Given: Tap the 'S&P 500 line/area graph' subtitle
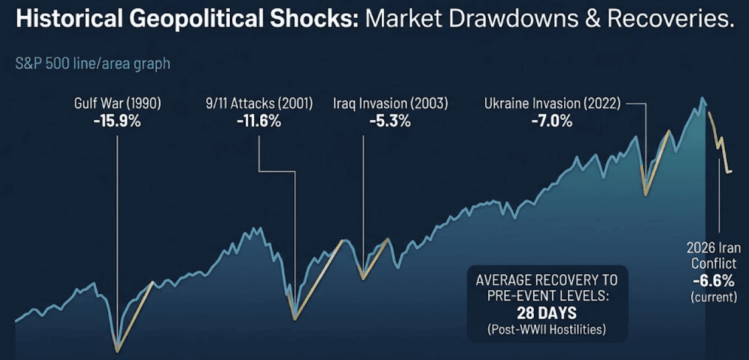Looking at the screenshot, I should click(92, 63).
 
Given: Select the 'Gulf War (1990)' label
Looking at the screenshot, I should click(117, 104).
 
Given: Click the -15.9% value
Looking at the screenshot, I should click(117, 121).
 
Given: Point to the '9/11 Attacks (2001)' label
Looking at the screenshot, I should click(259, 104).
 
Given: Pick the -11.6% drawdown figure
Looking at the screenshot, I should click(259, 121).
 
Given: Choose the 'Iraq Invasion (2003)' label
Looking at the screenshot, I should click(390, 104).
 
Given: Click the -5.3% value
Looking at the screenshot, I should click(390, 121).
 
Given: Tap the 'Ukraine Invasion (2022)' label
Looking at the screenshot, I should click(552, 104).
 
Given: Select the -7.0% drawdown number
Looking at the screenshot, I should click(552, 121).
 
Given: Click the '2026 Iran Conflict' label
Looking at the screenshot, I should click(711, 255).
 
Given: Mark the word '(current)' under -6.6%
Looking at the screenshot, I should click(711, 297).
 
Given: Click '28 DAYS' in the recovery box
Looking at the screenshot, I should click(547, 314).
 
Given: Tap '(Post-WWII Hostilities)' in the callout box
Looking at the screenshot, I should click(547, 329).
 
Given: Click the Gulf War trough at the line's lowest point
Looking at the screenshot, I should click(117, 351).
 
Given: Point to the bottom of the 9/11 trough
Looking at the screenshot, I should click(295, 318).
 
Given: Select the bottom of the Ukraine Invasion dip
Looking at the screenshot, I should click(645, 195).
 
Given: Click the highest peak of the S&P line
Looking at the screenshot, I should click(703, 98).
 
